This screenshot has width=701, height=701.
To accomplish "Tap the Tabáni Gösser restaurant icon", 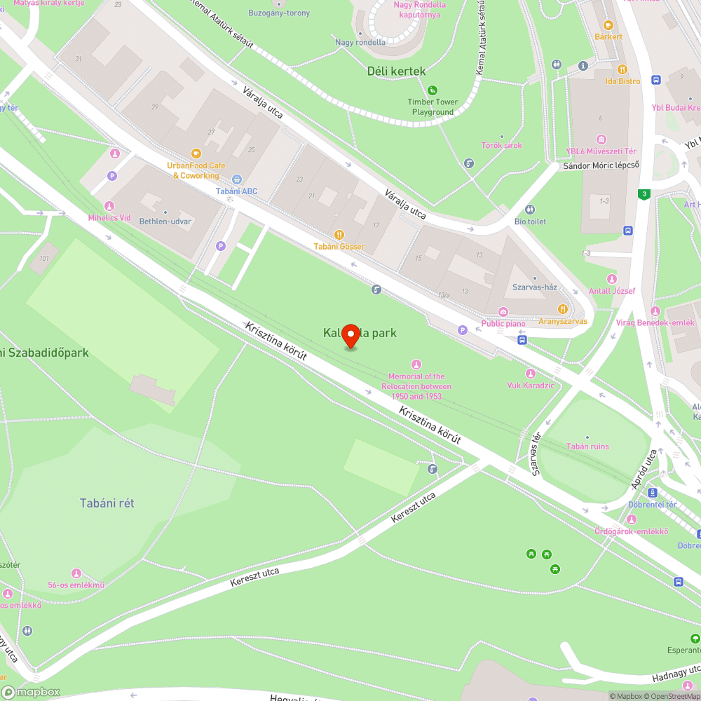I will (339, 235).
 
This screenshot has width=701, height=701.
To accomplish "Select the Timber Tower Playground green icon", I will (433, 90).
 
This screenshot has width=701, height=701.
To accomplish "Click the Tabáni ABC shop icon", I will (237, 179).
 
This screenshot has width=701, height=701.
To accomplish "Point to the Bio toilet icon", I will (530, 210).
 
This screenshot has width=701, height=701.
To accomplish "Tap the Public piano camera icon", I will (503, 311).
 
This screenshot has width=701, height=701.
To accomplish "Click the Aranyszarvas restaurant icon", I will (562, 309).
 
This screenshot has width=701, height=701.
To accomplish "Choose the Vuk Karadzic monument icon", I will (531, 374).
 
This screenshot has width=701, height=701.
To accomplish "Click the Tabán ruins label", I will (587, 447).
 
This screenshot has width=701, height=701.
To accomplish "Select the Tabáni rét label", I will (107, 503).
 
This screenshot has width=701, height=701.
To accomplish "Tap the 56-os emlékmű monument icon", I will (76, 573).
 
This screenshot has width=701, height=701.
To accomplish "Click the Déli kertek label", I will (396, 71).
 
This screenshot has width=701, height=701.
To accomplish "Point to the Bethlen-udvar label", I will (165, 222).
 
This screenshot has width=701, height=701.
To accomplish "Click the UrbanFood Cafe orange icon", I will (196, 154).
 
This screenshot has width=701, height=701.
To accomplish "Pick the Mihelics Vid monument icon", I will (109, 205).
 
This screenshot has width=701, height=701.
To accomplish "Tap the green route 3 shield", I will (644, 193).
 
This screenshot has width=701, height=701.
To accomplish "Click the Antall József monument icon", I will (612, 279).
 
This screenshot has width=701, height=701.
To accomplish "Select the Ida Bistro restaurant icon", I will (622, 69).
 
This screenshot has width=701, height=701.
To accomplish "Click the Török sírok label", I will (501, 146).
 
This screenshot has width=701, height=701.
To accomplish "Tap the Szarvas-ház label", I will (534, 288).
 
